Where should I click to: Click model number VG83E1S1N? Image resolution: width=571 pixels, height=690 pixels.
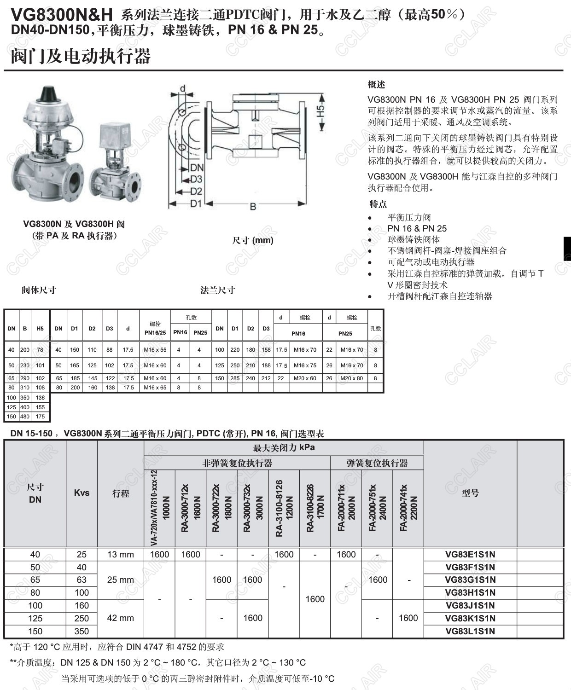[x=470, y=555]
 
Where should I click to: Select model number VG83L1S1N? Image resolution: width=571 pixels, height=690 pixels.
[x=470, y=631]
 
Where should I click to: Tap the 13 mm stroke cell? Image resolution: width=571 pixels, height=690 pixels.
[x=121, y=555]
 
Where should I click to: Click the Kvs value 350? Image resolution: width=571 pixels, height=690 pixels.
[x=82, y=631]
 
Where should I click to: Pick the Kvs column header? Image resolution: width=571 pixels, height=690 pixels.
[x=82, y=493]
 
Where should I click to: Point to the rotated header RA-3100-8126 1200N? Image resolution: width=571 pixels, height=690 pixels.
[x=284, y=508]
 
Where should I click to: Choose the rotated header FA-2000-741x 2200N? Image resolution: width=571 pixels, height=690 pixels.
[x=408, y=508]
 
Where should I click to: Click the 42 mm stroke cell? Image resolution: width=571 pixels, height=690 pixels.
[x=121, y=618]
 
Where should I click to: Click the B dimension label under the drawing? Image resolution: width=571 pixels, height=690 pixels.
[x=253, y=207]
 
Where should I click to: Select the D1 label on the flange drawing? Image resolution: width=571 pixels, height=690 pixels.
[x=196, y=203]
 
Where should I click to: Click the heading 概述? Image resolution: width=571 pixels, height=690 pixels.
[x=376, y=85]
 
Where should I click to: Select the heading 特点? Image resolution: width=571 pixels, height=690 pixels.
[x=378, y=204]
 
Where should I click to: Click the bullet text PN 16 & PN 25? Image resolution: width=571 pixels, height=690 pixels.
[x=417, y=228]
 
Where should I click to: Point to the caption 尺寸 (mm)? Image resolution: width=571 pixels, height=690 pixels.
[x=253, y=240]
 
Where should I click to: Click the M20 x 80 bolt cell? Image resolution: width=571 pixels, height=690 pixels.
[x=352, y=378]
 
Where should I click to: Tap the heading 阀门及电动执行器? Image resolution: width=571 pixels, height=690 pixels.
[x=81, y=57]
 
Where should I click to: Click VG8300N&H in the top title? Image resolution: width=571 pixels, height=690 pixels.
[x=62, y=15]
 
